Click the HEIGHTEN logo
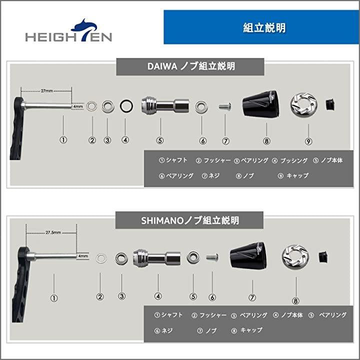tap(68, 30)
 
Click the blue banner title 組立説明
tap(264, 28)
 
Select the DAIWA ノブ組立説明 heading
tap(191, 66)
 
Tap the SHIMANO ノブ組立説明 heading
tap(190, 220)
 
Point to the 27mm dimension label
tap(47, 91)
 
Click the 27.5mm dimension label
tap(53, 232)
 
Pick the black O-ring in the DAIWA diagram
tap(126, 106)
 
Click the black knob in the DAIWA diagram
tap(261, 103)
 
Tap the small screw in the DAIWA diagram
tap(225, 106)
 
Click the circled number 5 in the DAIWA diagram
tap(160, 140)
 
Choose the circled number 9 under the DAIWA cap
tap(308, 141)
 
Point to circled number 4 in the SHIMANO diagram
tap(158, 296)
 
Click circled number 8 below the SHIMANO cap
tap(295, 301)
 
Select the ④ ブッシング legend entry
tap(289, 160)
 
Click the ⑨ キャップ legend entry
tap(293, 176)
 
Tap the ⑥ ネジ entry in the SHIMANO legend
tap(163, 330)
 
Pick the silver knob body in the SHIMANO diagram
tap(157, 258)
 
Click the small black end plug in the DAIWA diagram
tap(330, 104)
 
